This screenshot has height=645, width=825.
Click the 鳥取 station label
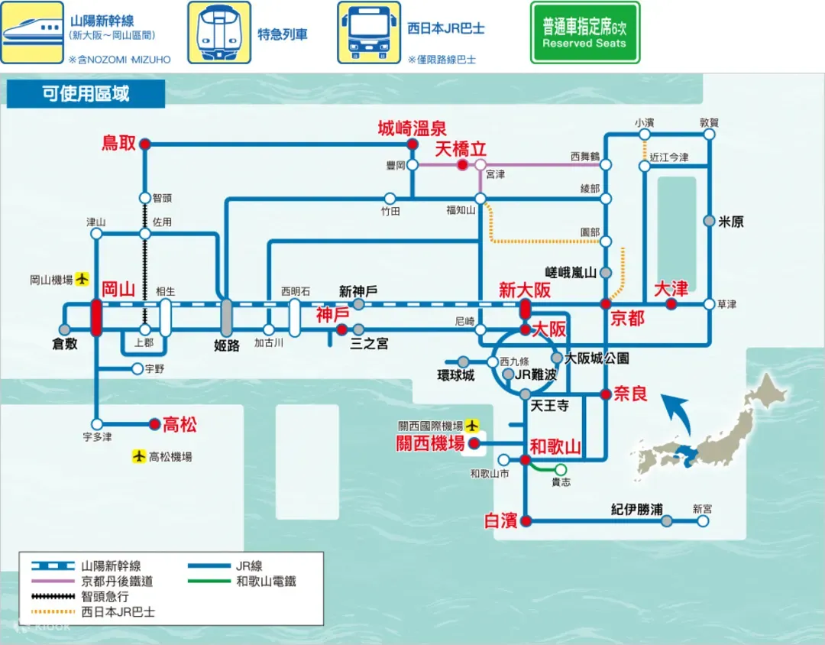118,142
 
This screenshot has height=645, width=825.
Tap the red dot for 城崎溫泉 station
412,144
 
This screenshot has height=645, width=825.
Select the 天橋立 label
461,148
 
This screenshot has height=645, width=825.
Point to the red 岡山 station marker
96,317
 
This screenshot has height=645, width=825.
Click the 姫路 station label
227,345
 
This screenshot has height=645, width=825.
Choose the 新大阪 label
525,290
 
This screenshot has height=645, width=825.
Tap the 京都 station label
627,319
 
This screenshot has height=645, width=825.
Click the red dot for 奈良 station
606,394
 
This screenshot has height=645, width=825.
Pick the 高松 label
180,424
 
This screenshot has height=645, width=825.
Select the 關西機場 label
430,443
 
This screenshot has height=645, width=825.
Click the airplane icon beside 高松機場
138,456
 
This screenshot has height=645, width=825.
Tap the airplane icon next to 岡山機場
82,280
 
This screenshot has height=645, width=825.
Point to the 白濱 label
501,521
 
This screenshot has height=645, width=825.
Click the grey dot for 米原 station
710,221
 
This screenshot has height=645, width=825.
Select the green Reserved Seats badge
584,33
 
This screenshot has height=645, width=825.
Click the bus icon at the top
368,32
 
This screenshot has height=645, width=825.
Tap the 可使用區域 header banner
86,94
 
